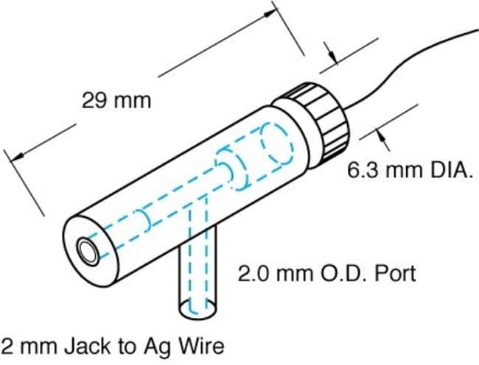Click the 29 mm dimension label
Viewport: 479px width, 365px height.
pos(116,101)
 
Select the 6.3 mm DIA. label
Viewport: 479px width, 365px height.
pos(410,170)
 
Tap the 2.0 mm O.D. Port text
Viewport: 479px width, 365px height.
pos(326,274)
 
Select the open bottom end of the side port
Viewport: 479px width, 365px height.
pos(197,308)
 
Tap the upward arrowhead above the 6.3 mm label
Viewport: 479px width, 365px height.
pos(381,136)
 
